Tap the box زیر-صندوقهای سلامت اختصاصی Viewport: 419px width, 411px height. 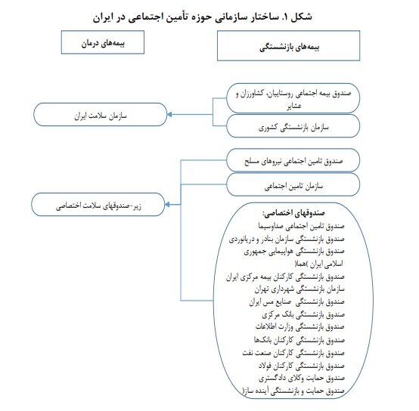click(100, 203)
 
